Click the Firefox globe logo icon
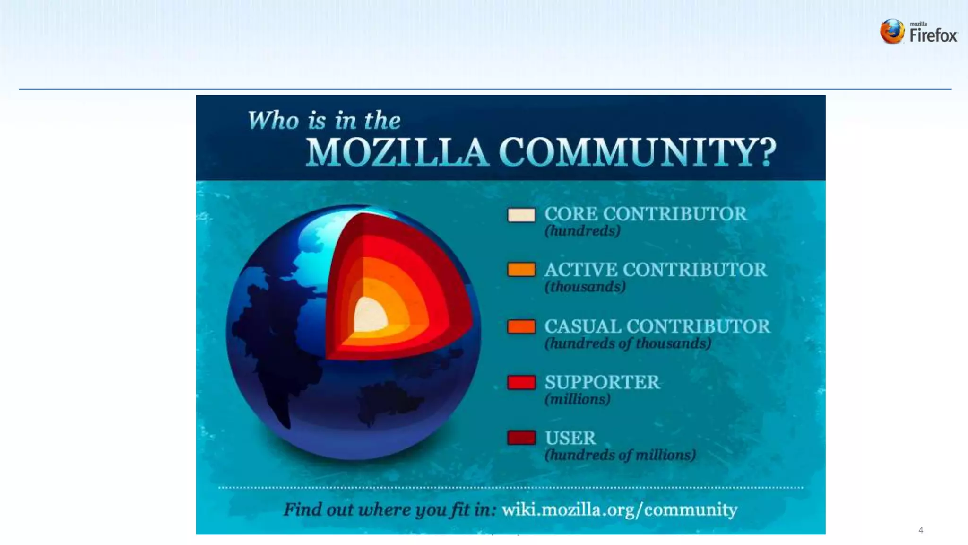(892, 32)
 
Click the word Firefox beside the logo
(933, 35)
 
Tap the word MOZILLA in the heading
(397, 152)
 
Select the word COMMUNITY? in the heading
(637, 152)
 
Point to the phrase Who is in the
(324, 120)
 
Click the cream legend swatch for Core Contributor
(521, 215)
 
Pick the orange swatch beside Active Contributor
(521, 270)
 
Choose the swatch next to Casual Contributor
(521, 326)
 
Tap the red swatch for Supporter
(521, 382)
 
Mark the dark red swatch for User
(521, 438)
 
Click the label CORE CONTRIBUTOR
(646, 214)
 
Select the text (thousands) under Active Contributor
(585, 287)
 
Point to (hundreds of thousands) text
(628, 343)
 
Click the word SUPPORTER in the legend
(602, 382)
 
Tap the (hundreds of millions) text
(620, 455)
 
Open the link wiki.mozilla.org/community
(619, 510)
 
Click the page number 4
(920, 530)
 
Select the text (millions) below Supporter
(578, 399)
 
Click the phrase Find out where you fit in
(390, 510)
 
